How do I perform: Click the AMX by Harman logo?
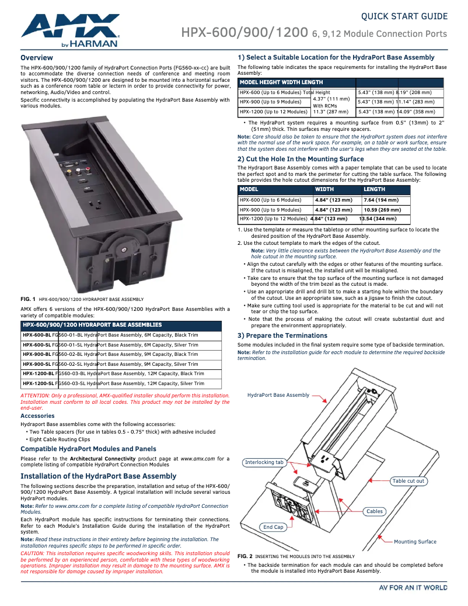69,30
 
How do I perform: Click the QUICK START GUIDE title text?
404,16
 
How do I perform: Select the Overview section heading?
37,58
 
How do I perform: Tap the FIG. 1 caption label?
28,299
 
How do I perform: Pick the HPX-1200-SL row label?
38,383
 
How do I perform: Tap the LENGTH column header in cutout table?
375,189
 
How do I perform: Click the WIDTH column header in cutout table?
324,189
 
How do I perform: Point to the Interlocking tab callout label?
264,462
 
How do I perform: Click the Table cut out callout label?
408,481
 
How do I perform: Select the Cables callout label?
375,511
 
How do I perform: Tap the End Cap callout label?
273,527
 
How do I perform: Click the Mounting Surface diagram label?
415,542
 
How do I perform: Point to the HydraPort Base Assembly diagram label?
278,395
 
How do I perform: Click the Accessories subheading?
37,416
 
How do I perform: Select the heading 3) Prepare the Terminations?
282,335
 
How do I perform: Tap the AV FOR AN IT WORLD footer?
413,587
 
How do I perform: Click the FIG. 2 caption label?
245,556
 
